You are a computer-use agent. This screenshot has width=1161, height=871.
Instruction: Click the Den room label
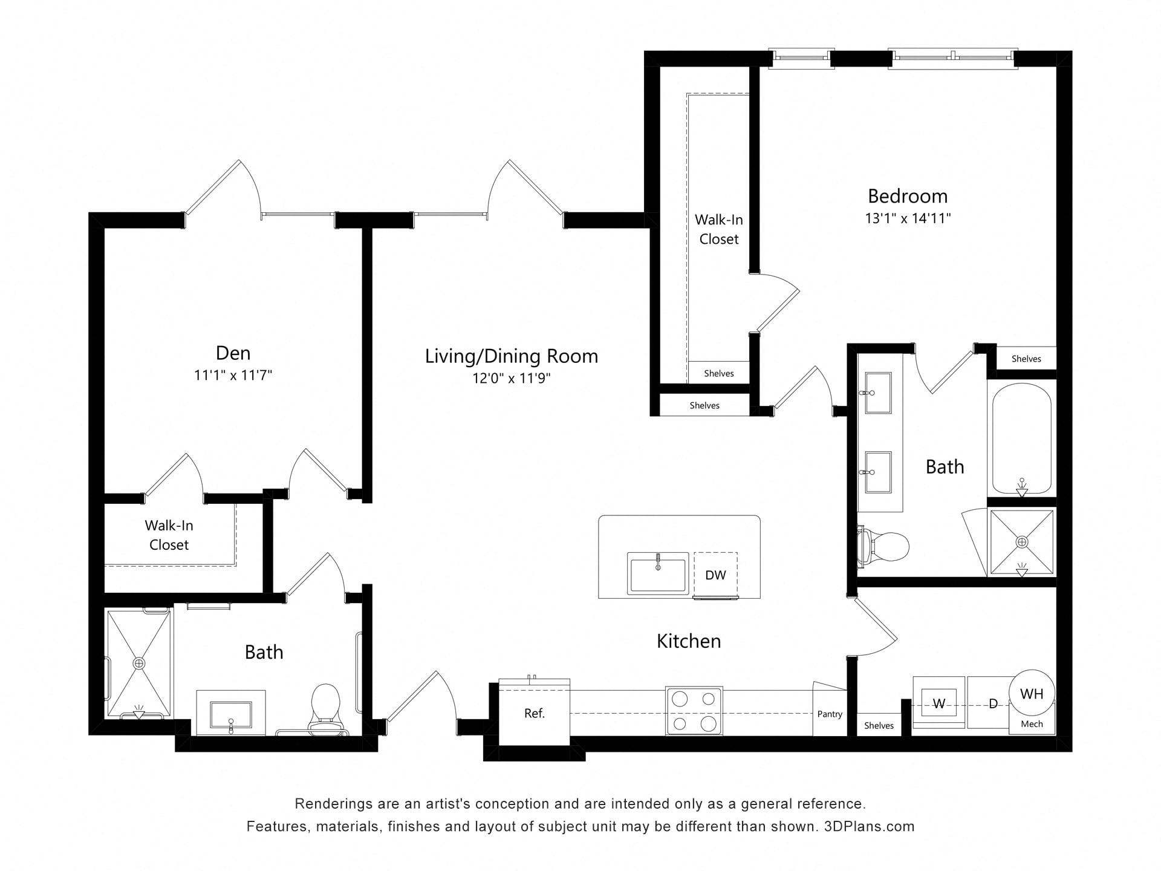click(233, 353)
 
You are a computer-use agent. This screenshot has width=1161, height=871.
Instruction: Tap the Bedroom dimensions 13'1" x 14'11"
click(908, 218)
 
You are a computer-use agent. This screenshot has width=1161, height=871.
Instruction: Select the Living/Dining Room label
click(512, 356)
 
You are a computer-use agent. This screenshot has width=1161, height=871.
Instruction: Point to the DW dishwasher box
click(715, 574)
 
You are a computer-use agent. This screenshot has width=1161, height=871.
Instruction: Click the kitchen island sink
click(658, 572)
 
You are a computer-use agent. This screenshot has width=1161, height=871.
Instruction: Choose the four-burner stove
click(694, 711)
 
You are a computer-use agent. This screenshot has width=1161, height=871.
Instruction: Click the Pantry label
click(830, 714)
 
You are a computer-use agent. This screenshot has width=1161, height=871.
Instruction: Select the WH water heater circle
click(1032, 693)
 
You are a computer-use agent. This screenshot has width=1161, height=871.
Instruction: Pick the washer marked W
click(938, 703)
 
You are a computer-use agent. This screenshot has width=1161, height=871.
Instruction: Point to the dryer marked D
click(992, 703)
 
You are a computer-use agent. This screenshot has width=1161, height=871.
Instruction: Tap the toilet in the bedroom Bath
click(883, 546)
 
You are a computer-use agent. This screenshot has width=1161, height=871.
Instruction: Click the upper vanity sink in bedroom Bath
click(878, 393)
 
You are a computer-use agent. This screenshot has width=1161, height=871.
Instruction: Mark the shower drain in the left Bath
click(140, 664)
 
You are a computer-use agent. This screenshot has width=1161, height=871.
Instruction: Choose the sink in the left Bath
click(231, 714)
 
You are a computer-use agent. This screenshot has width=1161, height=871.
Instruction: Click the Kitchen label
click(689, 641)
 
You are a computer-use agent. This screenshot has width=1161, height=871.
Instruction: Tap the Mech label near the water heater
click(1032, 724)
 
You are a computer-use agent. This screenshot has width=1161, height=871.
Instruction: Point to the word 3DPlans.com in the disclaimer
click(869, 826)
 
